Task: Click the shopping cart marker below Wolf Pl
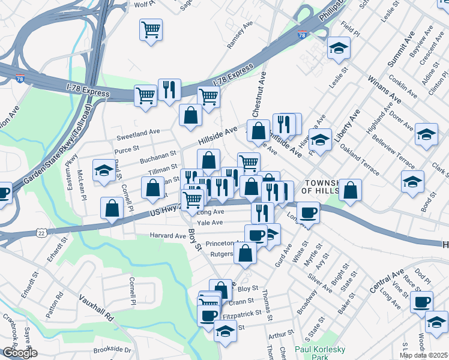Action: [151, 29]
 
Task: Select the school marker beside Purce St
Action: [104, 172]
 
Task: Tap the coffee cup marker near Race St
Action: [421, 302]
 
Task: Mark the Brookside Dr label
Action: [112, 349]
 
